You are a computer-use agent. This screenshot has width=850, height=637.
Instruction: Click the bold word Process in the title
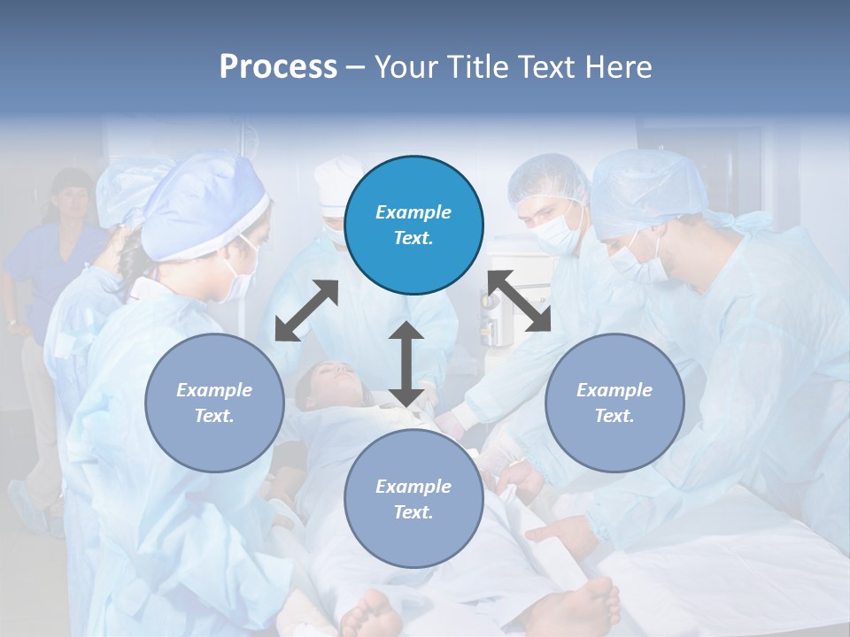tap(278, 67)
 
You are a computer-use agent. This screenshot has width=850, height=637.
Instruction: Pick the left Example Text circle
tap(214, 403)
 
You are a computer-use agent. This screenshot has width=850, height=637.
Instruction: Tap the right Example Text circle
tap(614, 403)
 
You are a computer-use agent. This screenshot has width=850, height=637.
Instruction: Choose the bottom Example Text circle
tap(413, 499)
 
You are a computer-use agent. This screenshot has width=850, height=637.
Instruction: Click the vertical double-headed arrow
tap(406, 364)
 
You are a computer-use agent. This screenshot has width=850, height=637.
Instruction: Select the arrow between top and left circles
tap(306, 311)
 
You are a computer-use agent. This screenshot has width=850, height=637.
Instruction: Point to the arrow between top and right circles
tap(520, 301)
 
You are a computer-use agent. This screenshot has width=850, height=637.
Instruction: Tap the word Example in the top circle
tap(413, 212)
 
